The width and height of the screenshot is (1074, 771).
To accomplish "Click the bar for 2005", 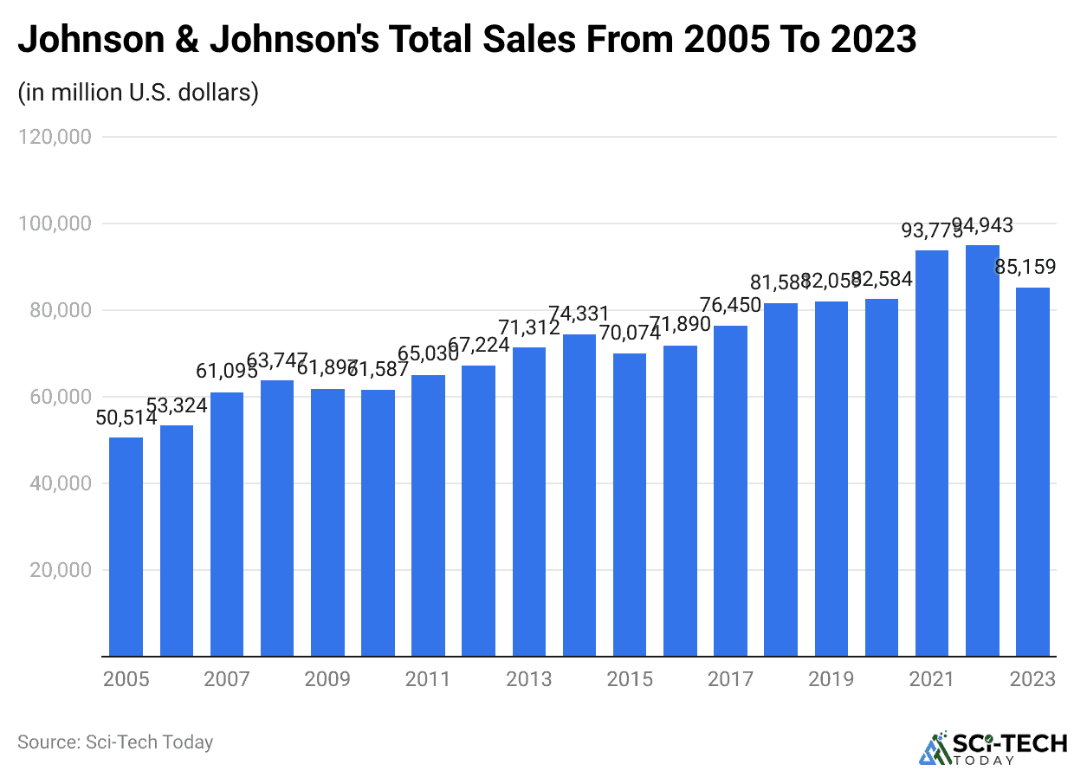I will [x=126, y=547].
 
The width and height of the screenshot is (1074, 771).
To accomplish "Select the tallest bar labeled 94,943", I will [x=982, y=450].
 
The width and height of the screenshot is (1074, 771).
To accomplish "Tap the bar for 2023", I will [x=1032, y=472].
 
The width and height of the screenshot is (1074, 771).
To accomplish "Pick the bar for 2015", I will [x=630, y=505].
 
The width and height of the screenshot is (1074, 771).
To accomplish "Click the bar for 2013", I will [x=528, y=502].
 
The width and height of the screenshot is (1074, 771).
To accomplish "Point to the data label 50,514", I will [x=126, y=418].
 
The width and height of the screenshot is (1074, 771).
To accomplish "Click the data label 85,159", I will [x=1032, y=269].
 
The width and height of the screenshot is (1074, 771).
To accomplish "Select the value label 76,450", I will [x=730, y=306].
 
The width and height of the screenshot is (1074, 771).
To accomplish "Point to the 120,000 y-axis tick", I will [x=54, y=137].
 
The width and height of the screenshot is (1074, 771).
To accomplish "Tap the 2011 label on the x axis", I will [x=428, y=678].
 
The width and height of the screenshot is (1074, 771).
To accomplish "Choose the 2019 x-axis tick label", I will [x=831, y=678].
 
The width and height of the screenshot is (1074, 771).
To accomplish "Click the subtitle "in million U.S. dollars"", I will [x=139, y=92].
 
